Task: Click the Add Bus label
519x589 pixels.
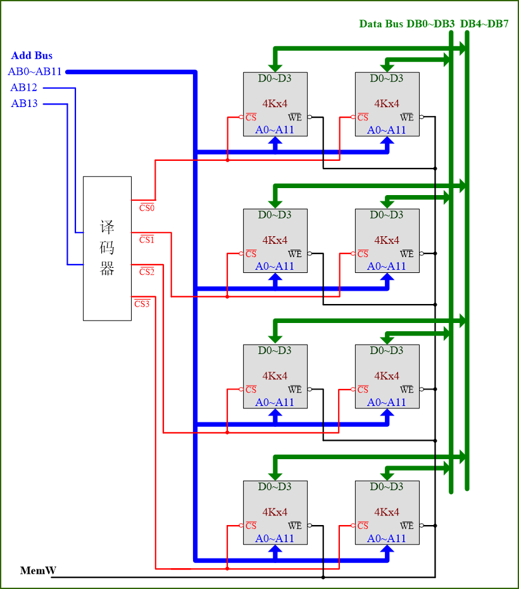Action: [x=32, y=56]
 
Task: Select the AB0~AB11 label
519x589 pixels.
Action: [x=35, y=72]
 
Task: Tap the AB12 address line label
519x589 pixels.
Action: [x=24, y=87]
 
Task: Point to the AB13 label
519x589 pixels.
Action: [x=24, y=103]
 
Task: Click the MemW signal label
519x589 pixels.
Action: [x=38, y=571]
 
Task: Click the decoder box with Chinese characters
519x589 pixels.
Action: [x=107, y=248]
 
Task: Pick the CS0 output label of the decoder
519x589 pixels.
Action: [x=147, y=207]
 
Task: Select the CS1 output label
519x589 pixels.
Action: [x=147, y=239]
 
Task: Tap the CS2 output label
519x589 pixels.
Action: [x=147, y=272]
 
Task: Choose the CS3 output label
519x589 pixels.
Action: [x=142, y=303]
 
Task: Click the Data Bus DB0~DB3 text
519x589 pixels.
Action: [x=407, y=24]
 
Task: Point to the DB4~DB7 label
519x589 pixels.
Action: [x=484, y=24]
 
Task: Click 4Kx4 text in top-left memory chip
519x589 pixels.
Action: [x=275, y=103]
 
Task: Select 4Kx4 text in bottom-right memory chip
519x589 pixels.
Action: [x=387, y=512]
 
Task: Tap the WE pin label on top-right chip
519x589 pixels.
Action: [x=407, y=117]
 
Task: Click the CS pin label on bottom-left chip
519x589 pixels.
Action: [x=251, y=526]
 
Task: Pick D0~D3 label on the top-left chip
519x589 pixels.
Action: [x=275, y=79]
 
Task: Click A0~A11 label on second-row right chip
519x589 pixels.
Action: [x=387, y=266]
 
